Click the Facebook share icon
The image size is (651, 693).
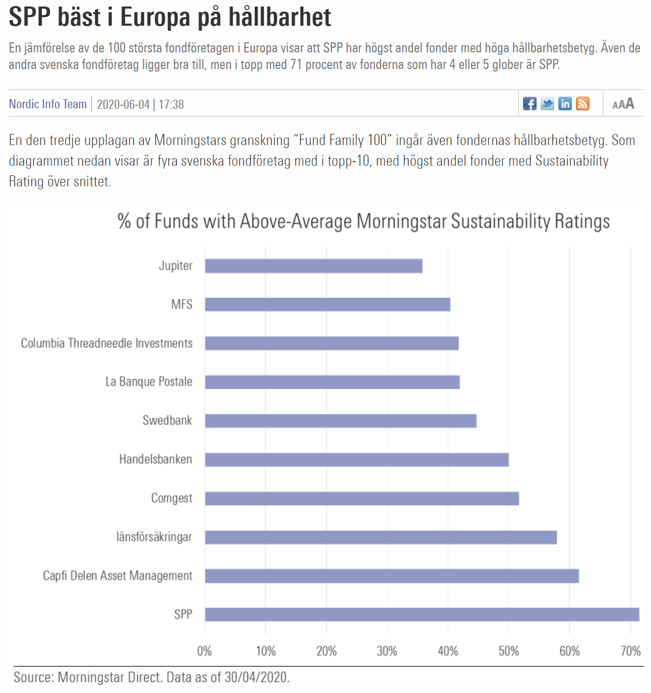(x=530, y=104)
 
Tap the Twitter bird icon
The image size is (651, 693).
(x=547, y=104)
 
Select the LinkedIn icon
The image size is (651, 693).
(x=565, y=104)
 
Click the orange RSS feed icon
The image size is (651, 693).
(x=582, y=104)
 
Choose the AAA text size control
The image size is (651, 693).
(x=623, y=104)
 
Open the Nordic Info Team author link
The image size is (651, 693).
(x=48, y=104)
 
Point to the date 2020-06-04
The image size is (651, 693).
(x=123, y=105)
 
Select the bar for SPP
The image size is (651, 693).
(x=422, y=614)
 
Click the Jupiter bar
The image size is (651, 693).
(x=313, y=266)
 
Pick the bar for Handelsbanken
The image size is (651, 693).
(x=357, y=460)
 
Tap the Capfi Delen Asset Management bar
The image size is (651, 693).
(x=392, y=576)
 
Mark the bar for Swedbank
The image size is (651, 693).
(x=341, y=421)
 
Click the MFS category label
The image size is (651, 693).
(x=182, y=304)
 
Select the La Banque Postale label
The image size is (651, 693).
(x=149, y=382)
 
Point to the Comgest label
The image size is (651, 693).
(x=172, y=498)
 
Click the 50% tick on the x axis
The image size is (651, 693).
(x=508, y=651)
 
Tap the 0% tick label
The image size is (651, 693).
(x=205, y=651)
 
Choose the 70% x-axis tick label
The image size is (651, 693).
(x=630, y=651)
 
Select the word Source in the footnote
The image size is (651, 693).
(x=33, y=677)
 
